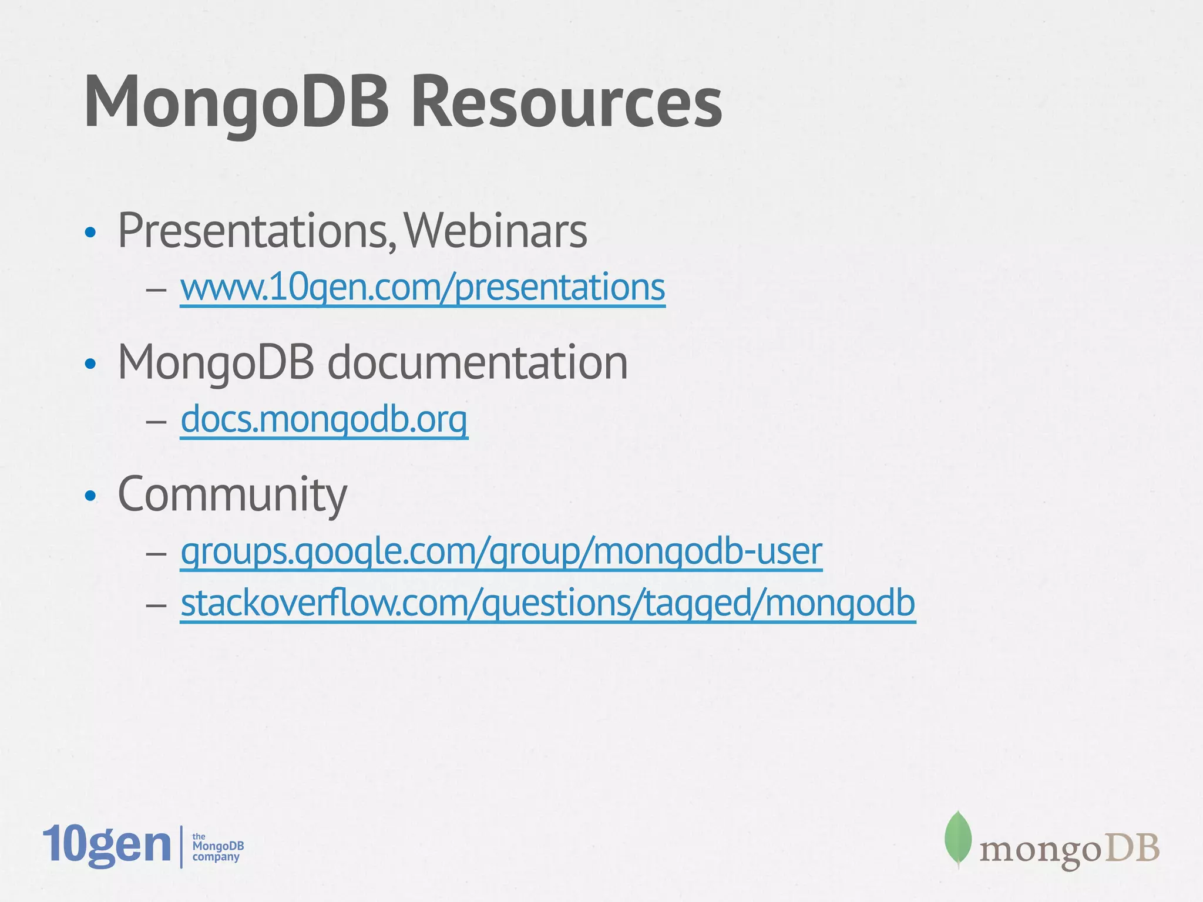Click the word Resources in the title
pyautogui.click(x=566, y=103)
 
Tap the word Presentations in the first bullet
pyautogui.click(x=253, y=231)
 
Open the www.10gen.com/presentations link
pyautogui.click(x=422, y=288)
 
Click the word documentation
pyautogui.click(x=477, y=363)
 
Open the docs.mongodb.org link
pyautogui.click(x=324, y=420)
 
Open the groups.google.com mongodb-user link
pyautogui.click(x=501, y=551)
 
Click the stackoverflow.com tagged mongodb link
pyautogui.click(x=547, y=603)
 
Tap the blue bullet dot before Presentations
pyautogui.click(x=90, y=233)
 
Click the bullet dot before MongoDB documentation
pyautogui.click(x=90, y=365)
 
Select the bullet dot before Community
pyautogui.click(x=90, y=497)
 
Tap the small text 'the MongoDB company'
pyautogui.click(x=217, y=847)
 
